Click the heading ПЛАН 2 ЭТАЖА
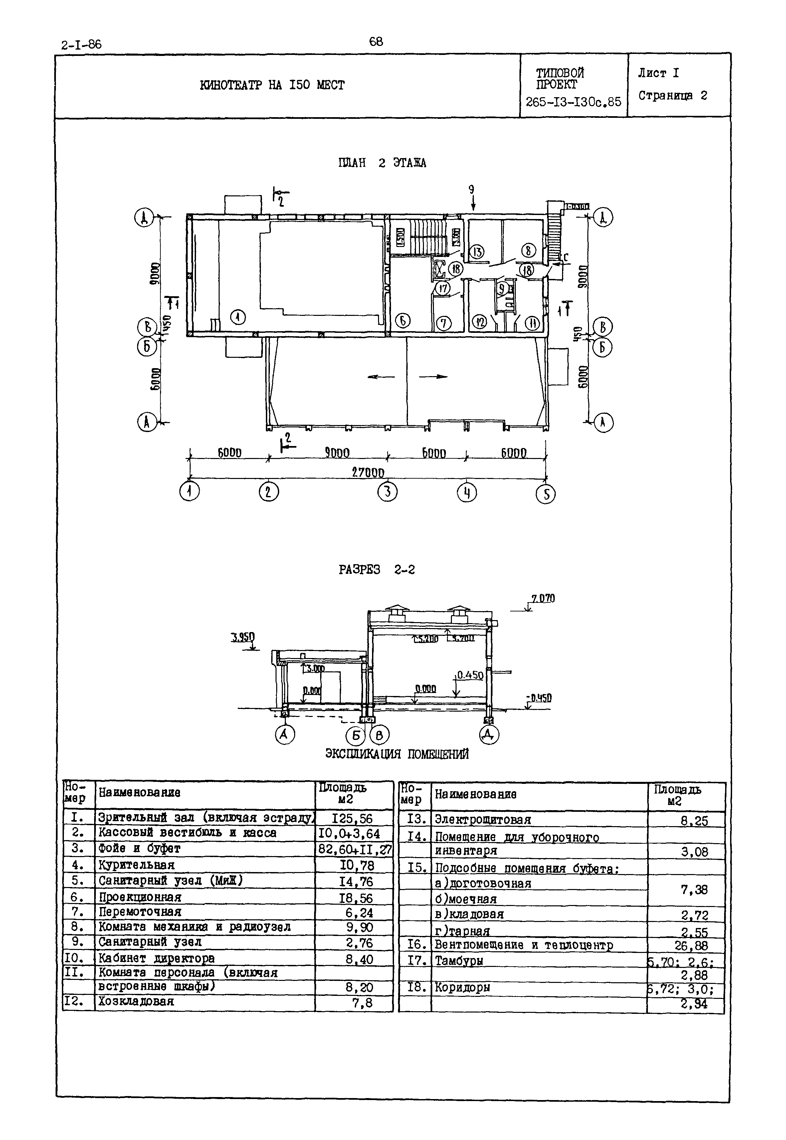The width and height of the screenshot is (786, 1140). [x=382, y=163]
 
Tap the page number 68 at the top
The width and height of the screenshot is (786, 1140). [x=376, y=42]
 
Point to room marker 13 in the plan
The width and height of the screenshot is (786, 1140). [x=477, y=252]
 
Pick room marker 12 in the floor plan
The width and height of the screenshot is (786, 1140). [x=479, y=322]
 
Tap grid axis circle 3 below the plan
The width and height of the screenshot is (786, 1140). [x=387, y=492]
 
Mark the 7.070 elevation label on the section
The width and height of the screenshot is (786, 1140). [x=542, y=598]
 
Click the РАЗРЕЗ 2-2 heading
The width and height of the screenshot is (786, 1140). [x=377, y=570]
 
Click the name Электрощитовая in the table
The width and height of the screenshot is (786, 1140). [x=483, y=820]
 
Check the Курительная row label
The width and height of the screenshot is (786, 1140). [x=136, y=865]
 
